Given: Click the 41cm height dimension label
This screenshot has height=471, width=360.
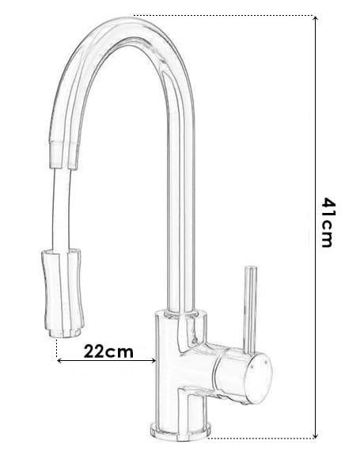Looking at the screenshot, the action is coord(327,222).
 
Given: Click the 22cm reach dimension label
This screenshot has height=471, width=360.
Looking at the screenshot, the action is coord(108,351).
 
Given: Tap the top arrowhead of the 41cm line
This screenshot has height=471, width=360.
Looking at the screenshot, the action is coord(315,18).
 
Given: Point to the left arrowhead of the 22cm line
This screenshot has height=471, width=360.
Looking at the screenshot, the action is coord(59,360).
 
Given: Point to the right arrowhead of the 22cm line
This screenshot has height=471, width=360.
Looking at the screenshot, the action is coord(153,360).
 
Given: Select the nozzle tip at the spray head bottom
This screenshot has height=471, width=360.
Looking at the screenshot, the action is coord(64,332).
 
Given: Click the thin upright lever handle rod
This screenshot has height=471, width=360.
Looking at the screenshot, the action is coord(250,310).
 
